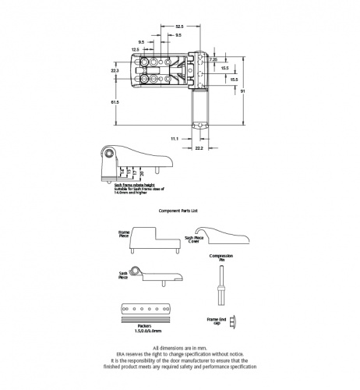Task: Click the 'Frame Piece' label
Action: click(x=123, y=233)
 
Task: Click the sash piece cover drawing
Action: click(x=222, y=236)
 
